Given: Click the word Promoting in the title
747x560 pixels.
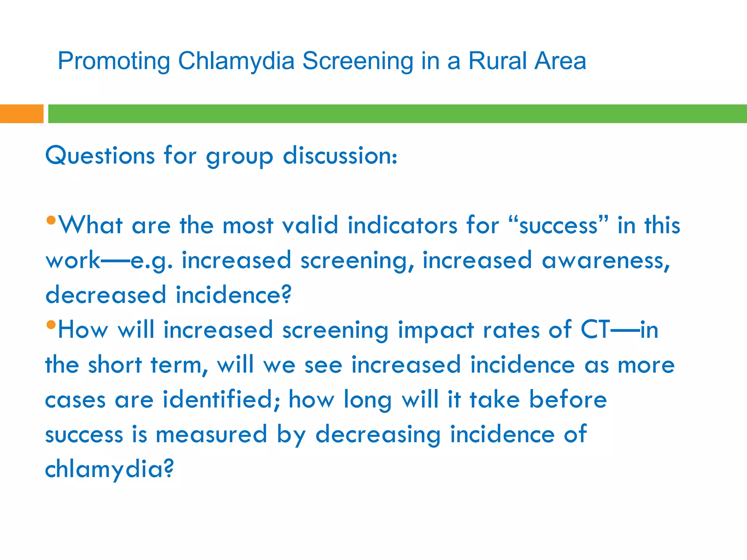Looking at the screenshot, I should pos(114,61).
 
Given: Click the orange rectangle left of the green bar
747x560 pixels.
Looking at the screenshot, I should pos(22,114).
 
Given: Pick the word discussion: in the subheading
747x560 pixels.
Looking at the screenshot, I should pos(340,156).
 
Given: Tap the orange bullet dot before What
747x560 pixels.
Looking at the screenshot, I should pos(51,220).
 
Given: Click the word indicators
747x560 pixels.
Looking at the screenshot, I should pos(402,225).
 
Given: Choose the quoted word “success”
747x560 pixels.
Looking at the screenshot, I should pos(558,225).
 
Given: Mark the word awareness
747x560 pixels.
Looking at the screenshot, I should pos(606,260).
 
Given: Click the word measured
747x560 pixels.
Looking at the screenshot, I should pos(212,434).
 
